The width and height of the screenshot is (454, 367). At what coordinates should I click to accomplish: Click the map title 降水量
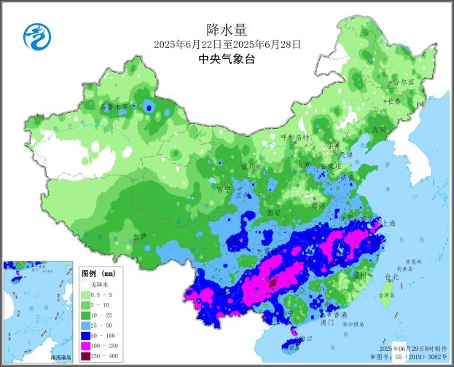(x=227, y=30)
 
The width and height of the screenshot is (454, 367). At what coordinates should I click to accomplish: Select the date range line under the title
(x=227, y=44)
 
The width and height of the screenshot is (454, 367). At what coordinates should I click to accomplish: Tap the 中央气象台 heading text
(x=227, y=60)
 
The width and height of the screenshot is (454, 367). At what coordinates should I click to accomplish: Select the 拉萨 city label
(x=140, y=237)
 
